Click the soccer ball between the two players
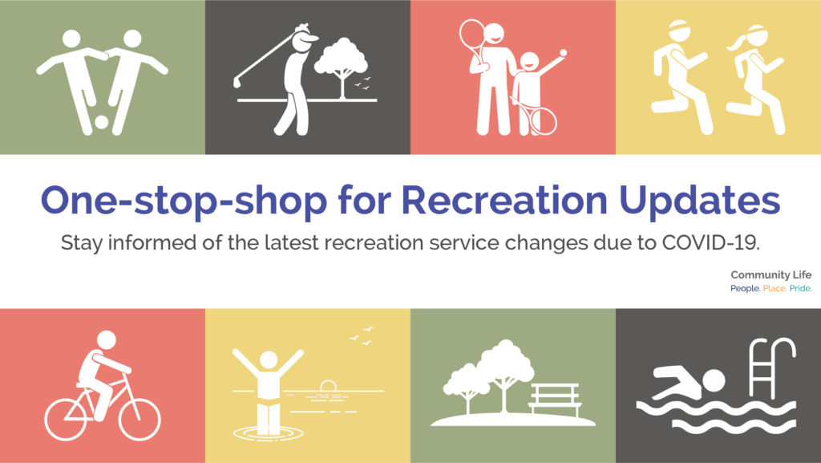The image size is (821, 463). [x=102, y=122]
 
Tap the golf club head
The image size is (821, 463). [x=237, y=82]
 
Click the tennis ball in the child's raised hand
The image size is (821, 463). [x=563, y=53]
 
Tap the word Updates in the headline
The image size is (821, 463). [x=699, y=200]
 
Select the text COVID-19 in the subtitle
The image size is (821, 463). [x=710, y=242]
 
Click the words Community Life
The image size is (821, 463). [x=770, y=275]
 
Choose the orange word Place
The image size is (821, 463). [x=774, y=289]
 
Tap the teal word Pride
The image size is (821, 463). [x=801, y=289]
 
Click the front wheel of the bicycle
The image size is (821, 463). [x=140, y=419]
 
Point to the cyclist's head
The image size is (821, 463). [x=107, y=339]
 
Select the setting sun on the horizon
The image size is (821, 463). [x=328, y=385]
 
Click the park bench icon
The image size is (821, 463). [x=555, y=400]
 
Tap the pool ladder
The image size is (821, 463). [x=770, y=367]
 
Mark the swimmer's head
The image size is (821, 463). [x=713, y=381]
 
